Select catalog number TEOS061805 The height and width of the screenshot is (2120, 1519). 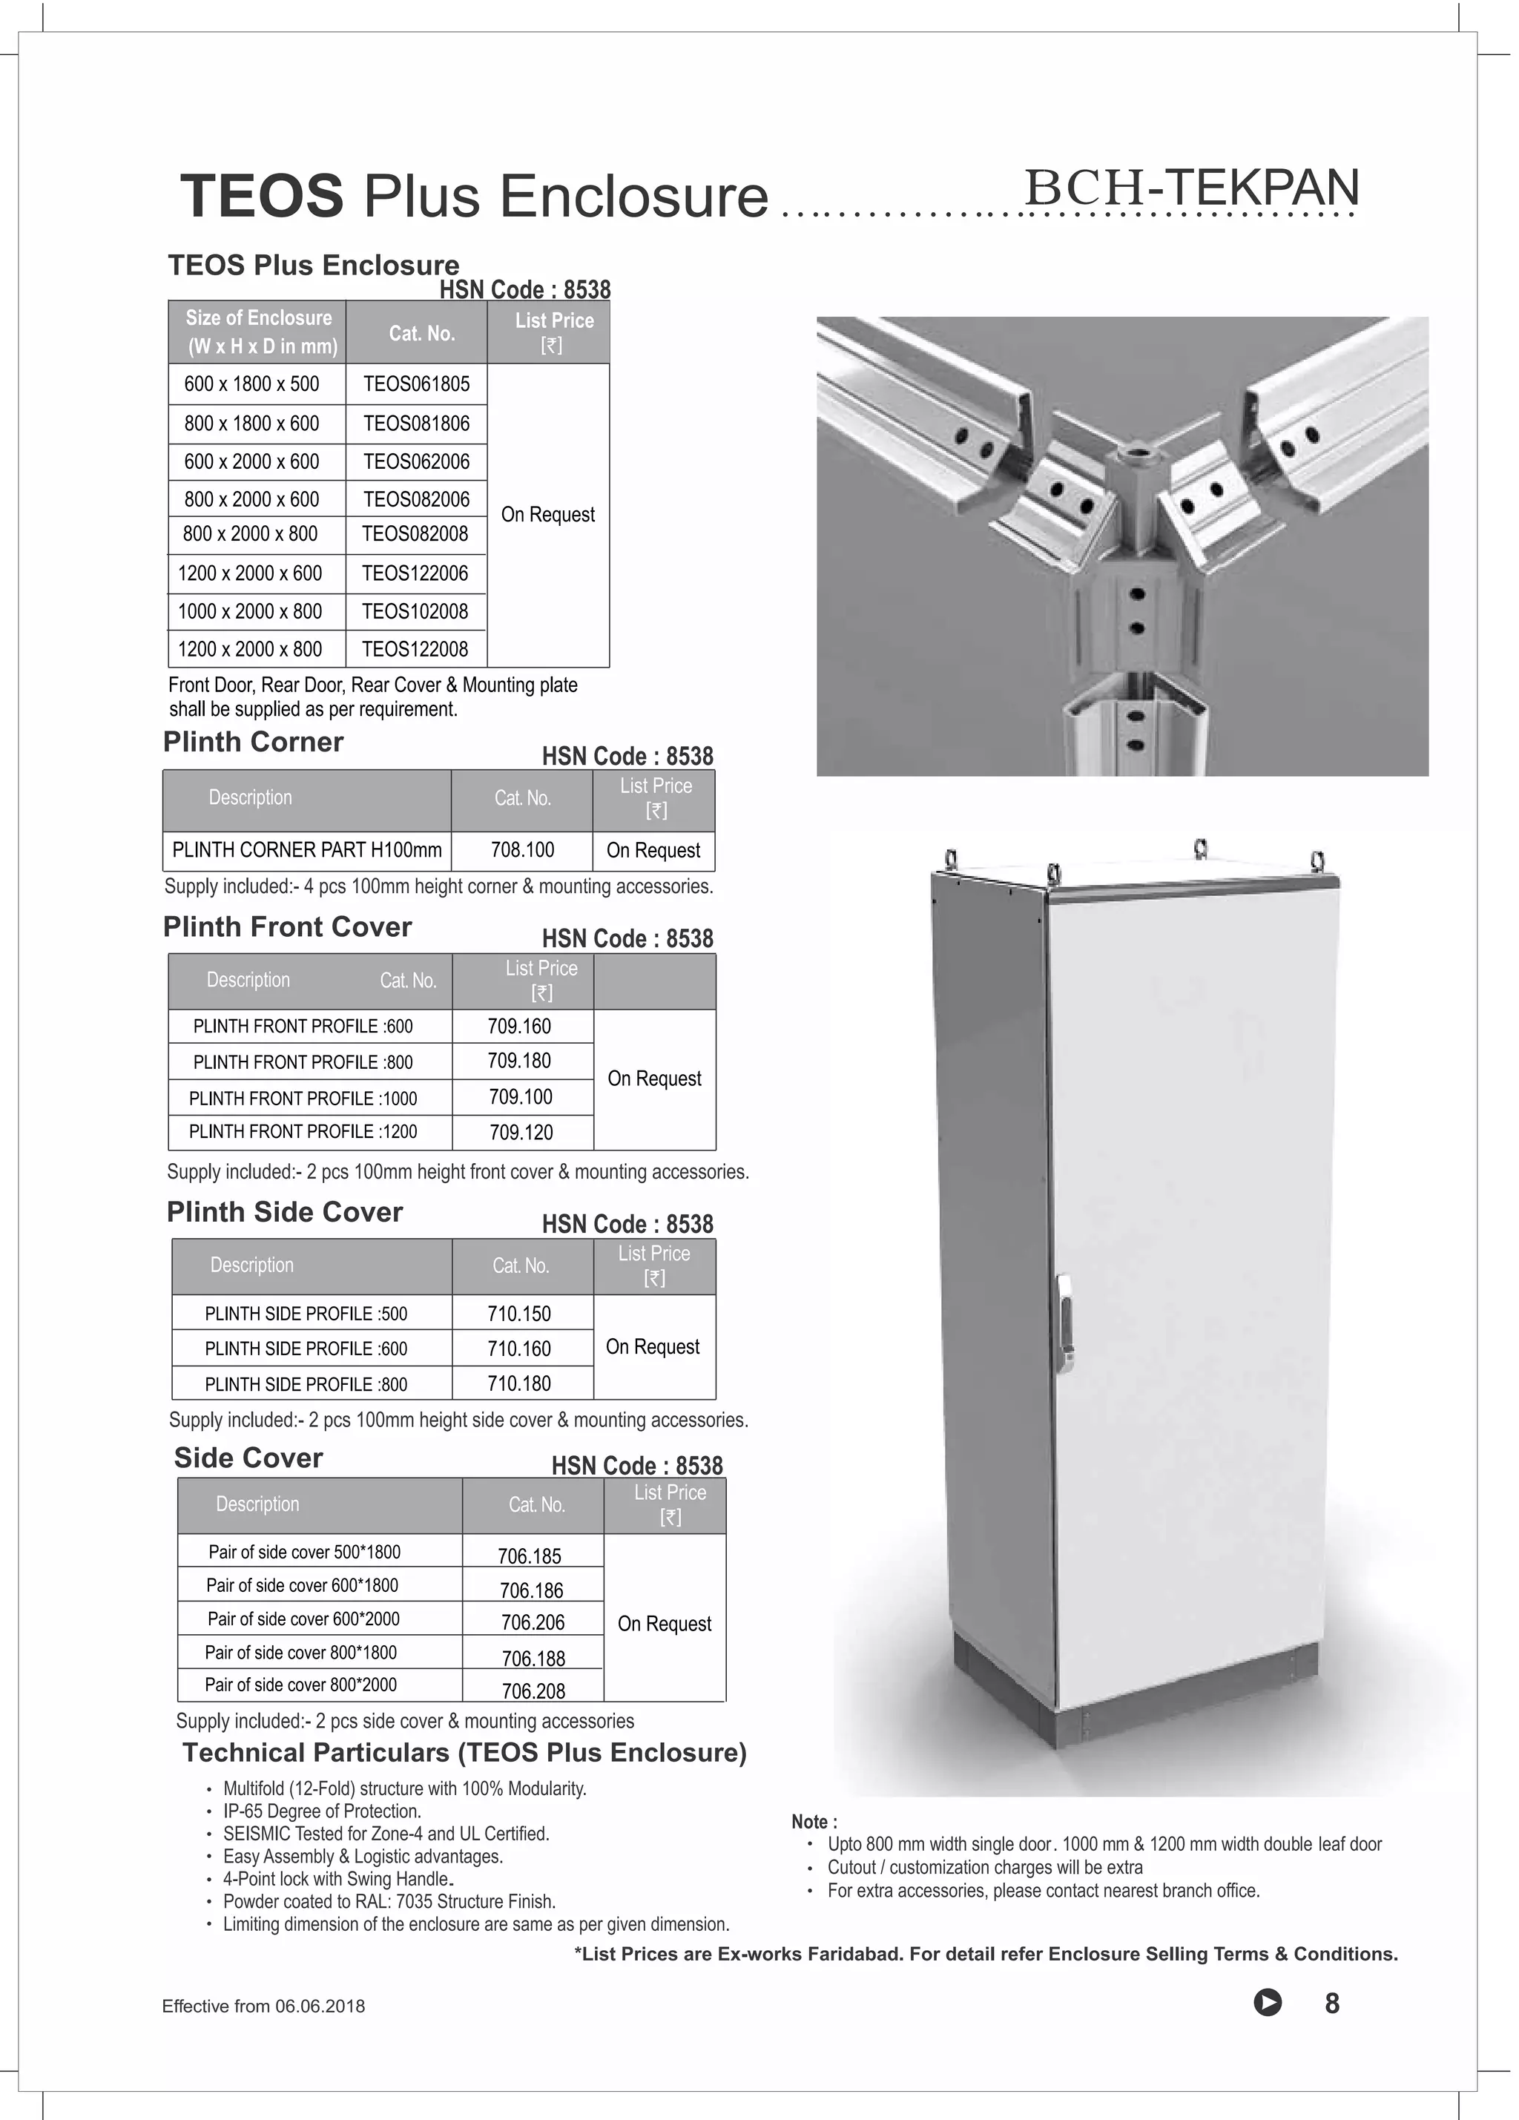coord(416,384)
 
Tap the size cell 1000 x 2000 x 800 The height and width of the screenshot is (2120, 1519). coord(250,611)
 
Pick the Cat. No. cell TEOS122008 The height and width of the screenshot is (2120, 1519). coord(415,649)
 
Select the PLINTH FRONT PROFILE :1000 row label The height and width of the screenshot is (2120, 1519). coord(303,1099)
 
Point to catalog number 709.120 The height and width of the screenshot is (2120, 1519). coord(521,1132)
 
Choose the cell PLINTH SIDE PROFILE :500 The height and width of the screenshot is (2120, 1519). coord(306,1313)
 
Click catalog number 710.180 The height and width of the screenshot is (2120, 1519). coord(518,1383)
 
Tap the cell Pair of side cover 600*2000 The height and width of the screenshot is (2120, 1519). coord(303,1619)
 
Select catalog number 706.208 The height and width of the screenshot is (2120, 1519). coord(533,1691)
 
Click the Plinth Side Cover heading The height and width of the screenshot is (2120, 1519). coord(284,1212)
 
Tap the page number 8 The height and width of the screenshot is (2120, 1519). coord(1332,2003)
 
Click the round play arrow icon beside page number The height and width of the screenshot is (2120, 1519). coord(1267,2003)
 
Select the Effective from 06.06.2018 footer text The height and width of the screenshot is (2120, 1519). coord(263,2006)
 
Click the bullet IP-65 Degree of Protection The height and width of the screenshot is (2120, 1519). coord(322,1811)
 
